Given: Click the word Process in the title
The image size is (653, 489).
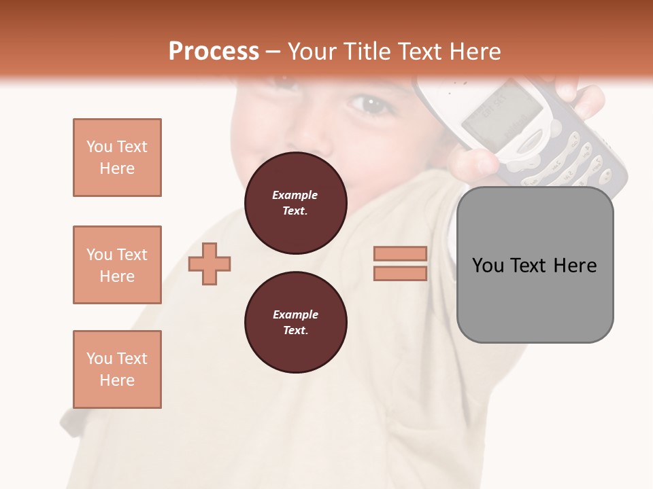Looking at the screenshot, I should point(214,52).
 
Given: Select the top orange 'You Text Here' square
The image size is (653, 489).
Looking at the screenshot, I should point(117,158).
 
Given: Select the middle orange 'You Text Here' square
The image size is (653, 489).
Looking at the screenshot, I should point(117,265).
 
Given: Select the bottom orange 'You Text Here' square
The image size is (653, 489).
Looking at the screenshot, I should point(117,369).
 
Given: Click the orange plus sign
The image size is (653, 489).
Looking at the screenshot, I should point(210,264).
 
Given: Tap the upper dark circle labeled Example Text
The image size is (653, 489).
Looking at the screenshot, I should point(295,202).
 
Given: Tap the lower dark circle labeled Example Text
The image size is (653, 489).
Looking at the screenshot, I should point(295,322).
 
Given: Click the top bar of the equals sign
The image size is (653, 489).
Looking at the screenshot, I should point(400,253).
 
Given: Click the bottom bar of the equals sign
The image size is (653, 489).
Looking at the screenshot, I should point(400,273).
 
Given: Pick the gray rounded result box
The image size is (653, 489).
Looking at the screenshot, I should point(535,299).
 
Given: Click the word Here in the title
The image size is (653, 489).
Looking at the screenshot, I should point(474,52).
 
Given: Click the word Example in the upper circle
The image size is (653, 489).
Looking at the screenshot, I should point(295,195).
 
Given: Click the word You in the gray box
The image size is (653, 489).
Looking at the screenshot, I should point(488,265).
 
